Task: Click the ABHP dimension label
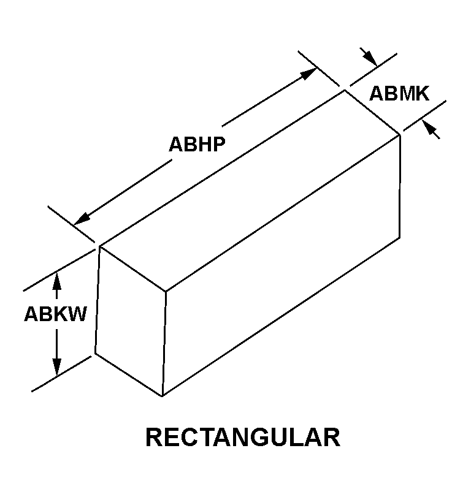[197, 144]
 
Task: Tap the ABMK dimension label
[399, 94]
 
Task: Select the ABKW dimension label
[56, 314]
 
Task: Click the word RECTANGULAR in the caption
[243, 437]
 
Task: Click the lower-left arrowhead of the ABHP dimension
[82, 219]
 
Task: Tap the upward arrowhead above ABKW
[57, 281]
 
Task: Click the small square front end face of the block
[131, 321]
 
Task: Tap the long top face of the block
[250, 191]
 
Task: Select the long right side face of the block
[281, 265]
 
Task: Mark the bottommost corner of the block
[163, 396]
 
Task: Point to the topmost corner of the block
[345, 90]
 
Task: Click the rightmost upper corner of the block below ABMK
[400, 135]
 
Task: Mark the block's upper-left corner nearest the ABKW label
[99, 246]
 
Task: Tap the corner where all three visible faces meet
[166, 292]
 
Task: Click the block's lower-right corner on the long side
[400, 238]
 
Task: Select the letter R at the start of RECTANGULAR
[155, 437]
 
